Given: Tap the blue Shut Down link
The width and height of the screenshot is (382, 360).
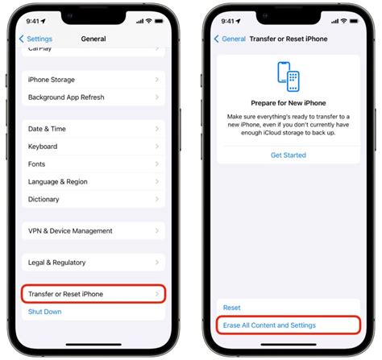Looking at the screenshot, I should (45, 312).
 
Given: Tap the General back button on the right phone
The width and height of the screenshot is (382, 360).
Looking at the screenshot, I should (230, 39).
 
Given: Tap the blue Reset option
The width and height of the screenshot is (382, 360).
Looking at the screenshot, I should (232, 308).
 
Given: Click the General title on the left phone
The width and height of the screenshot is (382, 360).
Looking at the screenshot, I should (93, 39).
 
